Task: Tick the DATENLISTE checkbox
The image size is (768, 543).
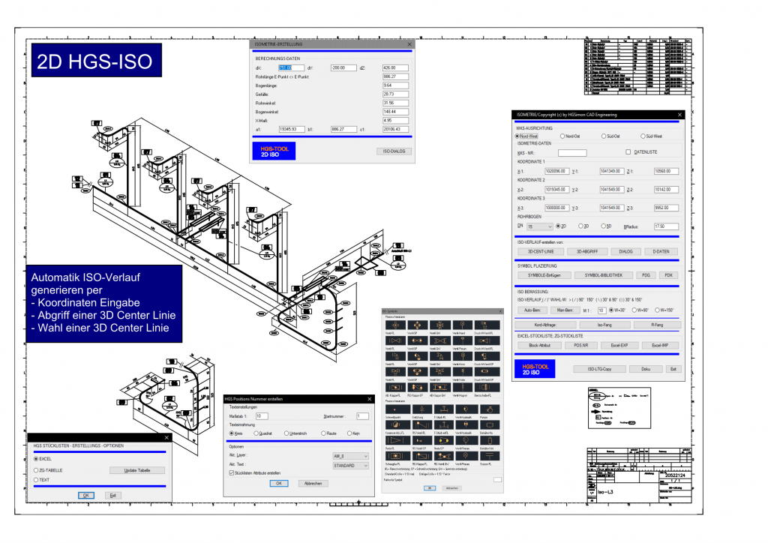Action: click(629, 152)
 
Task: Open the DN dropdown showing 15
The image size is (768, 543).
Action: click(539, 226)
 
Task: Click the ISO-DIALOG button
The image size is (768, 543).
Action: click(394, 151)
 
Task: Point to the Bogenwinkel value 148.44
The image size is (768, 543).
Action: click(394, 110)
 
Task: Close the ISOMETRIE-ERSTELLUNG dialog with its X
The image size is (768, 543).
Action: click(409, 45)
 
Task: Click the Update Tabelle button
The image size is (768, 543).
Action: click(136, 470)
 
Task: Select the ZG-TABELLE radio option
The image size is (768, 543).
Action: click(37, 470)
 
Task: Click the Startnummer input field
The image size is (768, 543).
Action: click(361, 415)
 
